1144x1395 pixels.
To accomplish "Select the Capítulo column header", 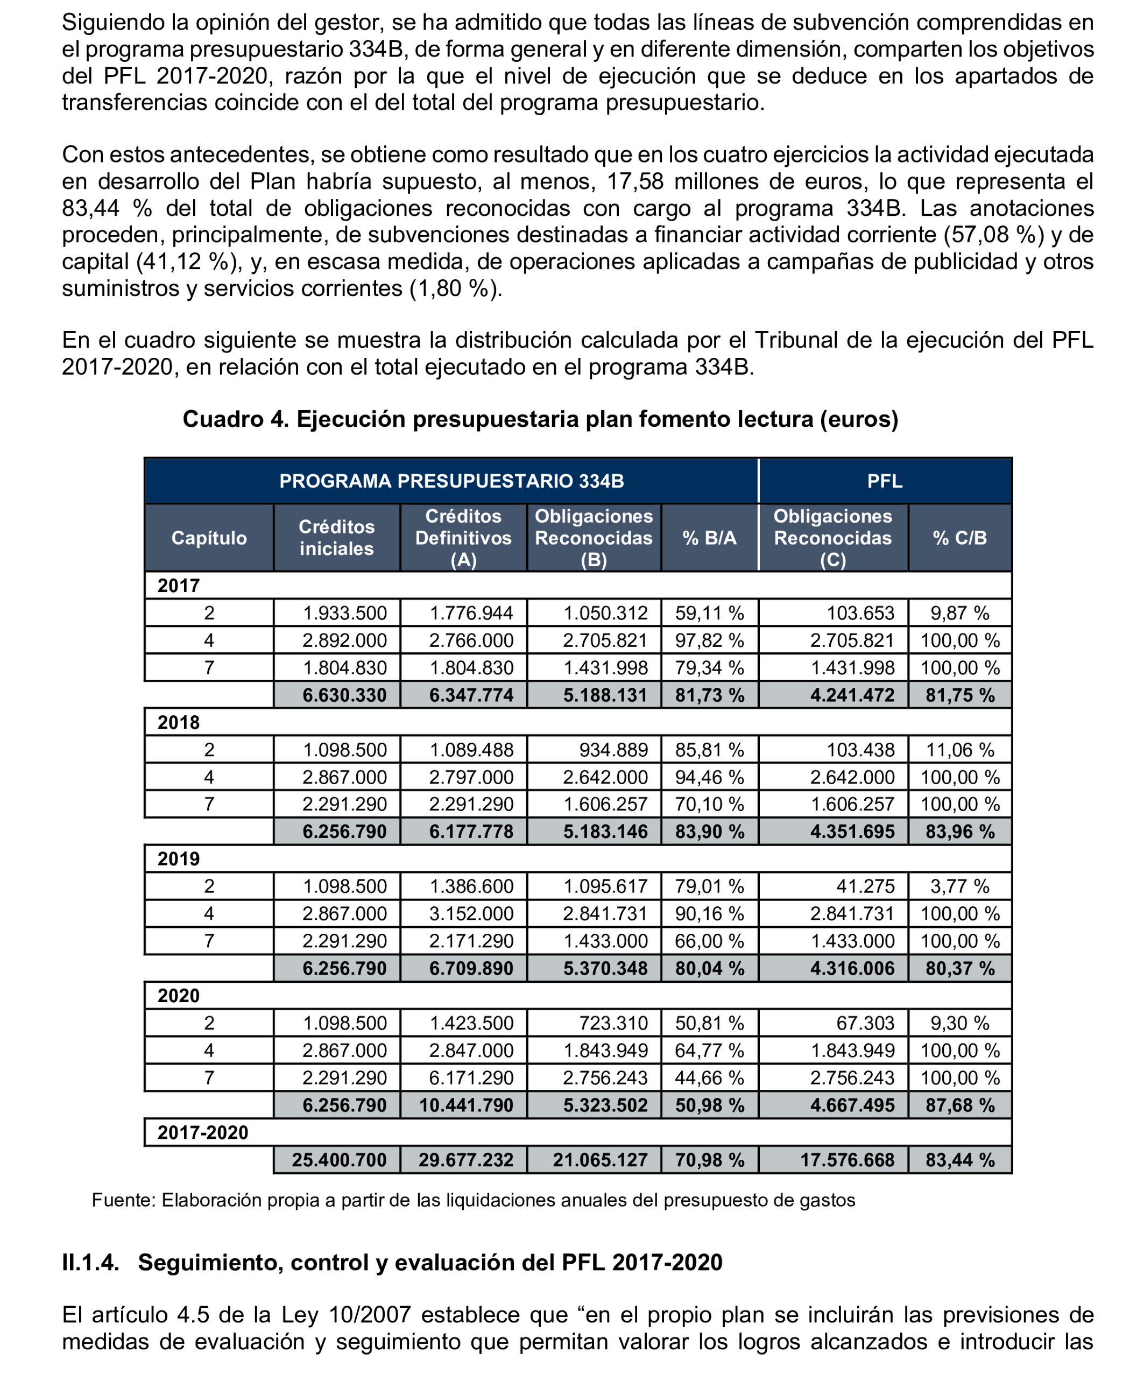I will click(209, 538).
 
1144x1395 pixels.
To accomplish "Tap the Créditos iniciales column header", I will click(336, 538).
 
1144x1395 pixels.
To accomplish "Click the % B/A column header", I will click(709, 538).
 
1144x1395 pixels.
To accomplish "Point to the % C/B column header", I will click(959, 538).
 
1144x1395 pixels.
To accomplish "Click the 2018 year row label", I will click(179, 722).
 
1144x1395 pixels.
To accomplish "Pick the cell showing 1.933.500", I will click(344, 613).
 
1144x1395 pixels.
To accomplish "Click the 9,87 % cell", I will click(959, 613).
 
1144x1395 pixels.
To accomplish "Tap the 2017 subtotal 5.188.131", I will click(605, 695).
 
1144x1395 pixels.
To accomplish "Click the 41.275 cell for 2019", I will click(865, 886).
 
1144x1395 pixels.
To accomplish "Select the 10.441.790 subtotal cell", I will click(466, 1105).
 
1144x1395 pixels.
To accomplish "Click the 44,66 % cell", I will click(709, 1077).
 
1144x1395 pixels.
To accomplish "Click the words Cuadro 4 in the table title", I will click(235, 419).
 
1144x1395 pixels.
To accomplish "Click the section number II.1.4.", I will click(90, 1263).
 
